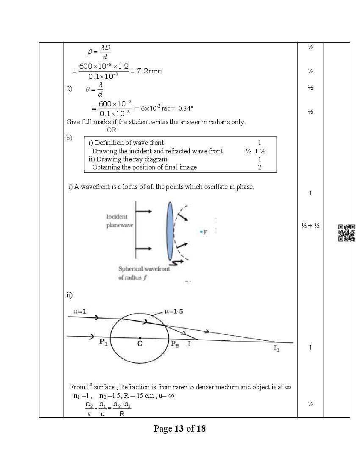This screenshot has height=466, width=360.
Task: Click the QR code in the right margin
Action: [346, 233]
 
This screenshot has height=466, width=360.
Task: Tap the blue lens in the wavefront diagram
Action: [170, 231]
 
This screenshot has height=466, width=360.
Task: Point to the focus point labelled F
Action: [202, 232]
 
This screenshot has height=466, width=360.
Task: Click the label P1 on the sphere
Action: [103, 343]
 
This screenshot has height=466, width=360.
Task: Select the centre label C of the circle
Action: [139, 344]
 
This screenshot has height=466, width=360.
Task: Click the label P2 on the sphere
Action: [174, 344]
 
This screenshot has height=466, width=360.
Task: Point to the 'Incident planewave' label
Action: [119, 221]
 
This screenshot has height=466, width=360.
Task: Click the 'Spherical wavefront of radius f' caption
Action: [144, 273]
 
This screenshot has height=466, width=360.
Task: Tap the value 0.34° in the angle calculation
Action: [186, 108]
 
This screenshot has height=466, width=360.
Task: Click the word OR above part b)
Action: [111, 130]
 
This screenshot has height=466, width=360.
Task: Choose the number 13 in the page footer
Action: [179, 429]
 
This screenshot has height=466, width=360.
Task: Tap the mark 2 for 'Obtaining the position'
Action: [260, 167]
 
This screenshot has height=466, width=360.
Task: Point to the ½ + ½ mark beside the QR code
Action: [310, 226]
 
